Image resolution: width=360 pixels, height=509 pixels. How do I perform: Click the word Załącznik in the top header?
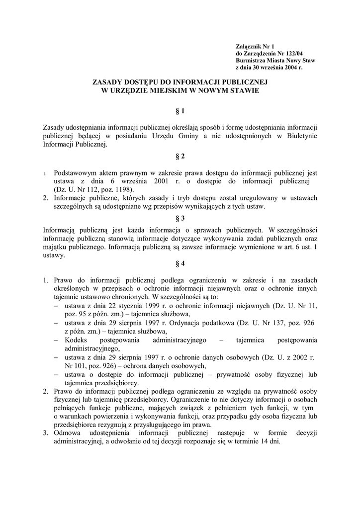[248, 46]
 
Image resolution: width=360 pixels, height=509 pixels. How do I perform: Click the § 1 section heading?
[180, 111]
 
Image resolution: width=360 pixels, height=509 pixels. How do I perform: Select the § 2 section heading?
[180, 156]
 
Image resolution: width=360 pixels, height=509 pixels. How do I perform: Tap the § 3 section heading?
[180, 218]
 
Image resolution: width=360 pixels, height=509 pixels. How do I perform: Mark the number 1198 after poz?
[124, 189]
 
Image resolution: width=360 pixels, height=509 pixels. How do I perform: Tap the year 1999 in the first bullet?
[148, 305]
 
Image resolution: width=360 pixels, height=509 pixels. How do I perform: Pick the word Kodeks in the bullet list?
[75, 340]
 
